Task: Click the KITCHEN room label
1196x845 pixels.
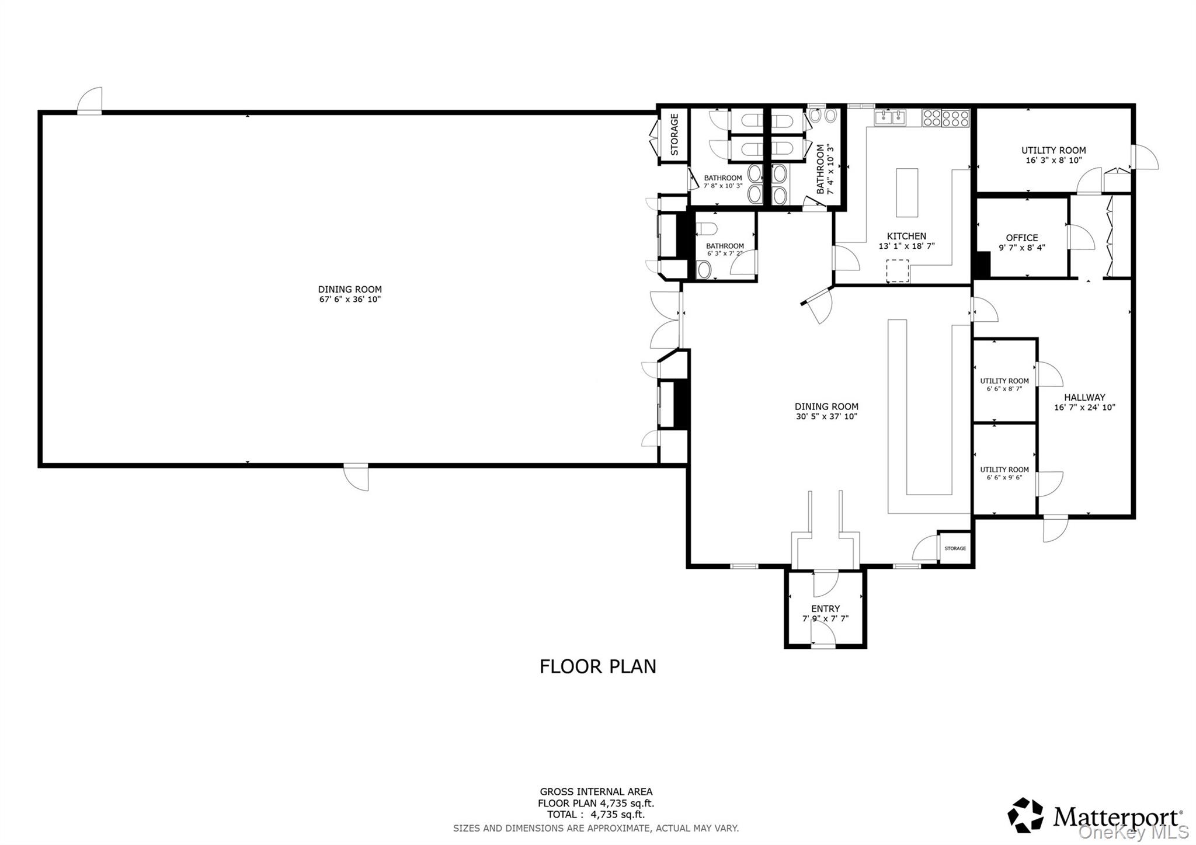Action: [x=906, y=236]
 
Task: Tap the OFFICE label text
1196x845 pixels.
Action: [x=1021, y=238]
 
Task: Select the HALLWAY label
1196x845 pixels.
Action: [x=1084, y=397]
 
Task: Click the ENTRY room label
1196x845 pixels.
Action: [x=825, y=608]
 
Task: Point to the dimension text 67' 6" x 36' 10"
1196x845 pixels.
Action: [x=350, y=300]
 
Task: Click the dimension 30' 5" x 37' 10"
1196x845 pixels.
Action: [x=826, y=417]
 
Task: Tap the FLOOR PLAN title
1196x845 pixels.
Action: [x=597, y=666]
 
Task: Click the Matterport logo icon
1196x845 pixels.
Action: [x=1025, y=815]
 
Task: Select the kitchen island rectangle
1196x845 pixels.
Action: [x=907, y=192]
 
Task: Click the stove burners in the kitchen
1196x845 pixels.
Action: [x=945, y=119]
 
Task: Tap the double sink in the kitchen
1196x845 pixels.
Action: [x=890, y=118]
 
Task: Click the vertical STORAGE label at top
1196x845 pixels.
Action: [x=675, y=134]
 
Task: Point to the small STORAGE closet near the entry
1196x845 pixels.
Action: [x=955, y=548]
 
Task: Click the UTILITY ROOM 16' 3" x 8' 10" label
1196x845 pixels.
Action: [x=1054, y=155]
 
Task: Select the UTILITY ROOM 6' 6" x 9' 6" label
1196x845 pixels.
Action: [x=1004, y=473]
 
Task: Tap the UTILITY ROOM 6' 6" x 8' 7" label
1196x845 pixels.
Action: [x=1004, y=384]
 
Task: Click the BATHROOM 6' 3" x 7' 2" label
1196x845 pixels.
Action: [x=725, y=250]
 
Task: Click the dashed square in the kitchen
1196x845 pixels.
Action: [x=898, y=270]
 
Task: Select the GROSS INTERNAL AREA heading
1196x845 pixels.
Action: [x=596, y=792]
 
